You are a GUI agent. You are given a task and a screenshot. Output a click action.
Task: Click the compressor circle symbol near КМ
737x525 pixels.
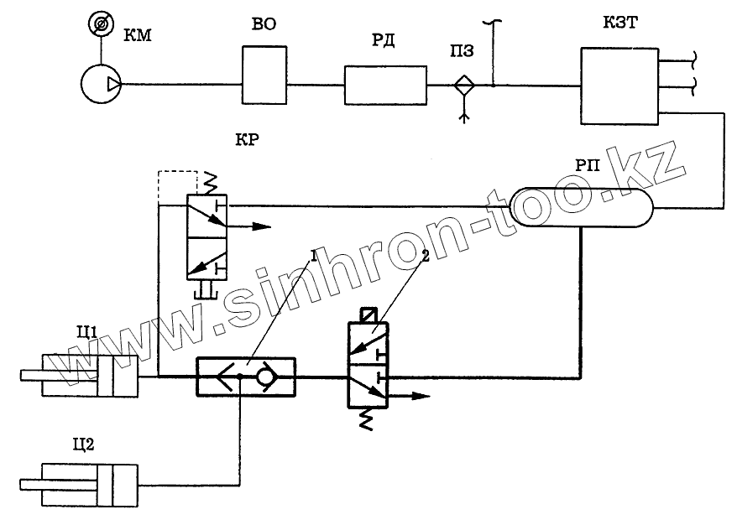tap(100, 84)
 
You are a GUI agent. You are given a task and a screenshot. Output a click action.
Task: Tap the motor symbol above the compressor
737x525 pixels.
tap(100, 26)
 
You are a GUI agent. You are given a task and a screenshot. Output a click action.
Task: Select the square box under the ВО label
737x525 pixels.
tap(264, 75)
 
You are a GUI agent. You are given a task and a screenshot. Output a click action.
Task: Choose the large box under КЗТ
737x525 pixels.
tap(619, 85)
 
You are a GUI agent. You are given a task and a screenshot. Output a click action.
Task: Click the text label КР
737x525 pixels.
tap(248, 139)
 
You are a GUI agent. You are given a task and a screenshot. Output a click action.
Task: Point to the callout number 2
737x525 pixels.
tap(426, 257)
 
